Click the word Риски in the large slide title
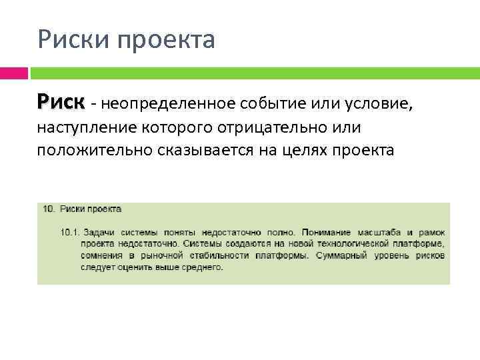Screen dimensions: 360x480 click(x=73, y=40)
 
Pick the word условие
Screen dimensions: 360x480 click(x=380, y=103)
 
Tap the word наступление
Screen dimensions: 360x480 click(x=85, y=127)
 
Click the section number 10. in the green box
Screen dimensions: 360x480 click(x=49, y=209)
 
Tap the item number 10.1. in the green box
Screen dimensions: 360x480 click(x=70, y=232)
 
